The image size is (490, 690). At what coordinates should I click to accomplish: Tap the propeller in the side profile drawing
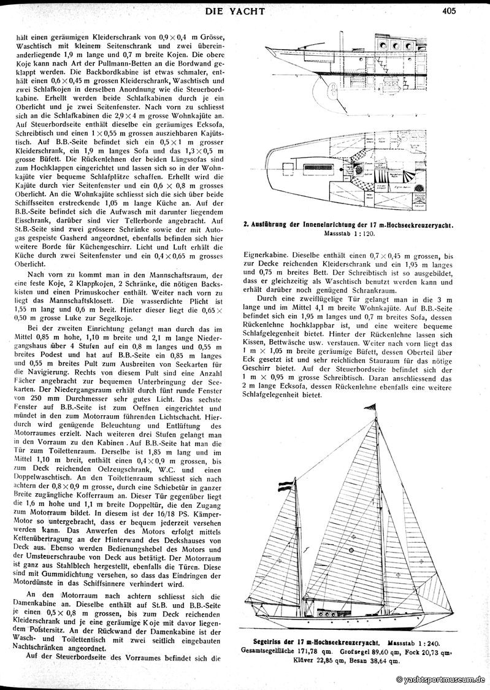[332, 92]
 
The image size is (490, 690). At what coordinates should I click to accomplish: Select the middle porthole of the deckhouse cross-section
[395, 47]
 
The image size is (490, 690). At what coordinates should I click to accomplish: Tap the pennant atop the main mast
[374, 408]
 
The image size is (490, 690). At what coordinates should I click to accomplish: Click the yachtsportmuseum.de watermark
[440, 680]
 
